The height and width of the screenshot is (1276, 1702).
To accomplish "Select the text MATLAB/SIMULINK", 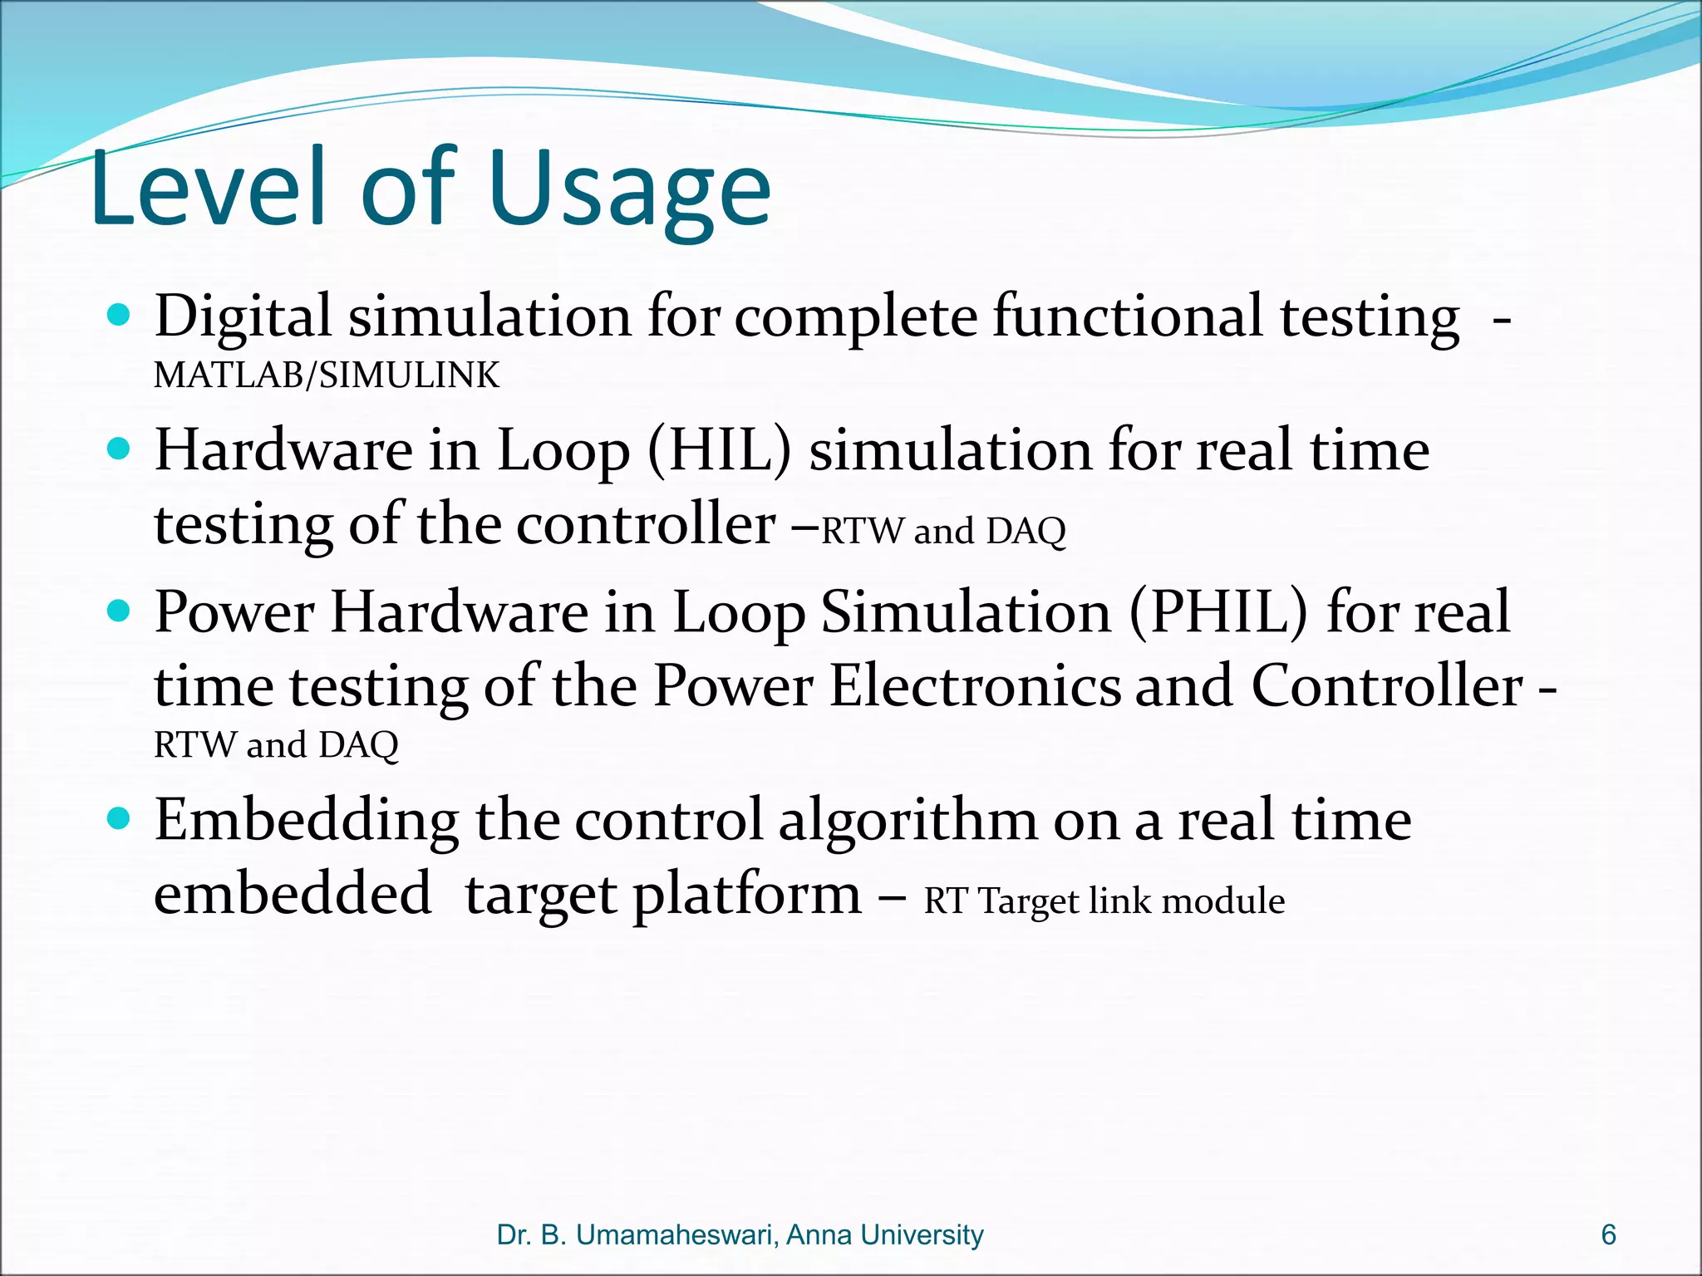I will pos(327,375).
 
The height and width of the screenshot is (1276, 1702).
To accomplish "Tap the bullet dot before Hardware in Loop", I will pos(120,449).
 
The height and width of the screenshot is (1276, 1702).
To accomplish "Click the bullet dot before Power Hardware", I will pos(120,612).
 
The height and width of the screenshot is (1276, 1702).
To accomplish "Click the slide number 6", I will pos(1608,1234).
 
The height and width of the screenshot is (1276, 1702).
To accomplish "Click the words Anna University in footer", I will pos(884,1235).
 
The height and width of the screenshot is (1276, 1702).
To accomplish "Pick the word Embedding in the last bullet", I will pos(306,821).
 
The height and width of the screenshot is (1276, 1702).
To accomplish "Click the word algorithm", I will pos(908,821).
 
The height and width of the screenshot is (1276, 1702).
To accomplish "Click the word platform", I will pos(746,896).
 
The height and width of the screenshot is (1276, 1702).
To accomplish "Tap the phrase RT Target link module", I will pos(1104,901).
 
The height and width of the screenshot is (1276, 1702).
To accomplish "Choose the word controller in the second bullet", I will pos(645,525).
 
